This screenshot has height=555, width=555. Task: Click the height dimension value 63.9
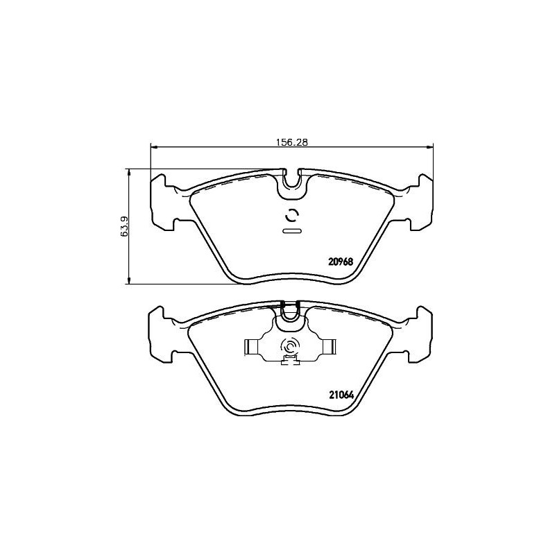(124, 226)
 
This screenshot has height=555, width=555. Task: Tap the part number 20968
(341, 262)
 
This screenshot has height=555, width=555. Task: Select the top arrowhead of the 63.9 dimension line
(129, 171)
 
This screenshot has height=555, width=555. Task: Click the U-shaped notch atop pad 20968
(291, 182)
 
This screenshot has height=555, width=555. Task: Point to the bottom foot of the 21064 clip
(289, 360)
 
